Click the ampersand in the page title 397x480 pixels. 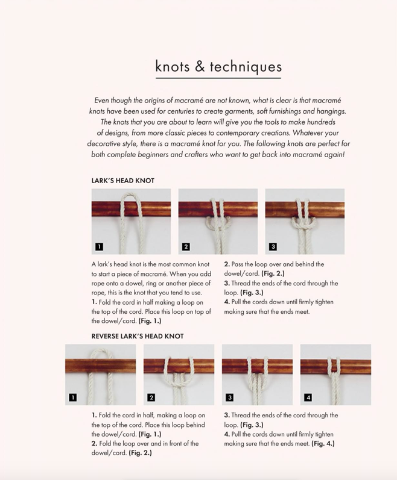[200, 66]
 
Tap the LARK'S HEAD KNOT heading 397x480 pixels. [123, 180]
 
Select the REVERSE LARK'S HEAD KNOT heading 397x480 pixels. [138, 336]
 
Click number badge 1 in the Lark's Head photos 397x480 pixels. [100, 246]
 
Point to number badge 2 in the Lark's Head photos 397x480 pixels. [186, 246]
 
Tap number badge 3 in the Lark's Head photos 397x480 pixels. [273, 246]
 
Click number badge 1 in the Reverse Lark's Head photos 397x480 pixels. [73, 397]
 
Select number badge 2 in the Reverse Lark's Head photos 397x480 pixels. [151, 397]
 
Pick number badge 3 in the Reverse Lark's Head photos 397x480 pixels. [230, 397]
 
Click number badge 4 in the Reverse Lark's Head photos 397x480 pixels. [308, 397]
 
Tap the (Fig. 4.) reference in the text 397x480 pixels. [323, 444]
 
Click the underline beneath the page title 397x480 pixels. [218, 78]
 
